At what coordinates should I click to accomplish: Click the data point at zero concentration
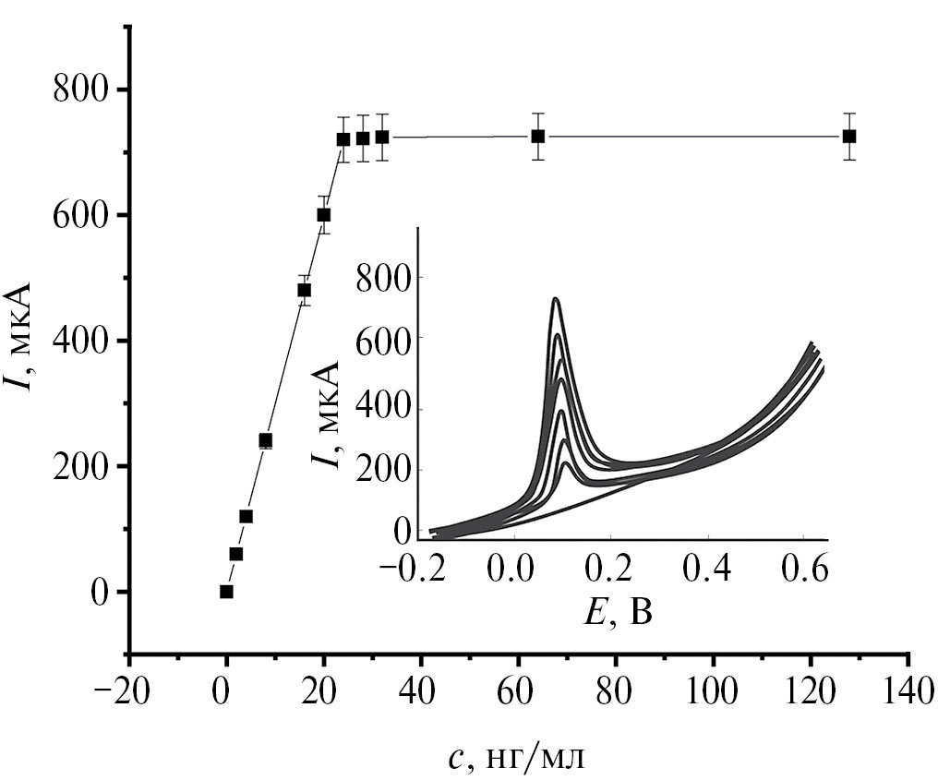pyautogui.click(x=226, y=592)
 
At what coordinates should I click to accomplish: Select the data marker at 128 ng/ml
pyautogui.click(x=849, y=137)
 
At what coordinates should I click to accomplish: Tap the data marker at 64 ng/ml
pyautogui.click(x=537, y=137)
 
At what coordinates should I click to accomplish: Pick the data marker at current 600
pyautogui.click(x=324, y=215)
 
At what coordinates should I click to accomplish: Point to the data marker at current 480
pyautogui.click(x=304, y=290)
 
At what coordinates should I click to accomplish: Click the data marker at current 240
pyautogui.click(x=266, y=440)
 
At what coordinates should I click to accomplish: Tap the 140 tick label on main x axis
pyautogui.click(x=908, y=695)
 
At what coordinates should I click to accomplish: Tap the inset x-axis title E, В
pyautogui.click(x=619, y=610)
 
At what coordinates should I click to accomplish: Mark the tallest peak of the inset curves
pyautogui.click(x=555, y=299)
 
